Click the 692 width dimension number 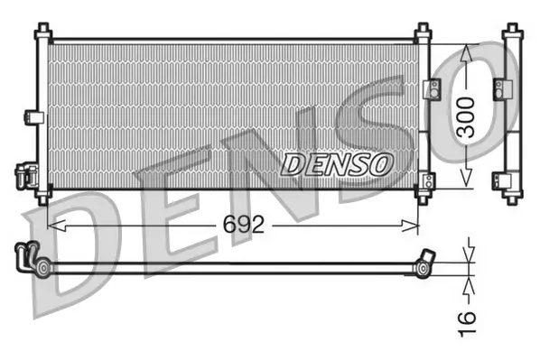[244, 225]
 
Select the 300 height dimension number [465, 117]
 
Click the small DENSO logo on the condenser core [338, 163]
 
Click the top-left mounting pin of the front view [42, 33]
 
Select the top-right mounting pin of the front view [422, 33]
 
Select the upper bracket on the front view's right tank [431, 88]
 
